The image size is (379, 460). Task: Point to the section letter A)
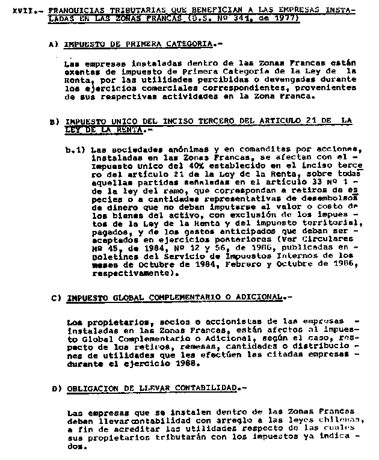[54, 44]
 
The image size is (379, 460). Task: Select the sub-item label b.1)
[77, 149]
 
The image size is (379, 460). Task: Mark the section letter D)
[57, 388]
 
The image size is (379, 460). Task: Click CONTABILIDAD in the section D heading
[203, 388]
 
